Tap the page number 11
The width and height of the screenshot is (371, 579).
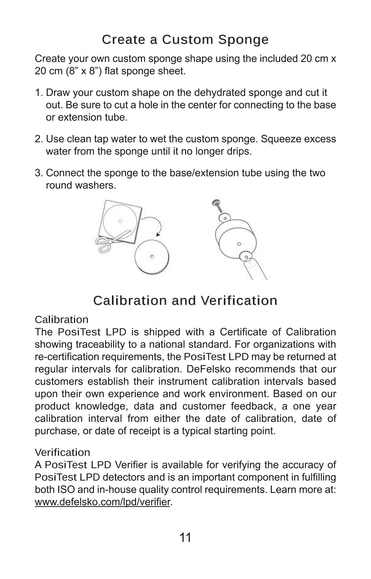185,538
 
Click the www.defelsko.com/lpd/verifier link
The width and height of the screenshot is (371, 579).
102,502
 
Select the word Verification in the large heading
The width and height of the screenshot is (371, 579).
238,300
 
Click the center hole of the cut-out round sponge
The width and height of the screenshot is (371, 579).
152,256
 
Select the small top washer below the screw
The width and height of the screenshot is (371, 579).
224,218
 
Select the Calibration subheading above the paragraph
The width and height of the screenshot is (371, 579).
62,319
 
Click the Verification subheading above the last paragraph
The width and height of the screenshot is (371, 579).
62,452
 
